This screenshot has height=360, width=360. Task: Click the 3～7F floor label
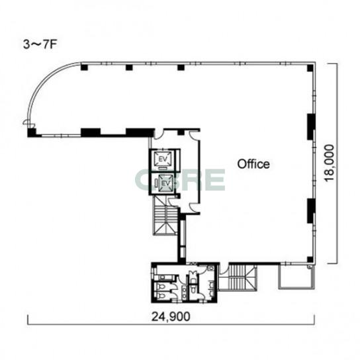pos(40,44)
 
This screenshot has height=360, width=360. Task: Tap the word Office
pos(253,164)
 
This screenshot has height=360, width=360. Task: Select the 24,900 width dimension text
pos(171,316)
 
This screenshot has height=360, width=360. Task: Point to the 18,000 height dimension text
pos(329,163)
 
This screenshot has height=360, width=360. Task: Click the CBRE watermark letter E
pos(215,179)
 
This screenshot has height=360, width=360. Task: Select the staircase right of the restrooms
pos(238,278)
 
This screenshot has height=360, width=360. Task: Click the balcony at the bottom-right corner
pos(296,277)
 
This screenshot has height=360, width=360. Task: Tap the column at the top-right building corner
pos(310,68)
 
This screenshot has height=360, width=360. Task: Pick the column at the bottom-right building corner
pos(310,259)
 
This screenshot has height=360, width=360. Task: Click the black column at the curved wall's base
pos(32,133)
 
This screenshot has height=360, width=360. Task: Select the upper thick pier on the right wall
pos(311,126)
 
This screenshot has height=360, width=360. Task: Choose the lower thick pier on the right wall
pos(311,210)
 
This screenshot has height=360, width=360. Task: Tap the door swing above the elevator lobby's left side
pos(158,134)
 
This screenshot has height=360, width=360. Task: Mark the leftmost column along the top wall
pos(84,67)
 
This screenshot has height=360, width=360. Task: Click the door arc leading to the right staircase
pos(224,269)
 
